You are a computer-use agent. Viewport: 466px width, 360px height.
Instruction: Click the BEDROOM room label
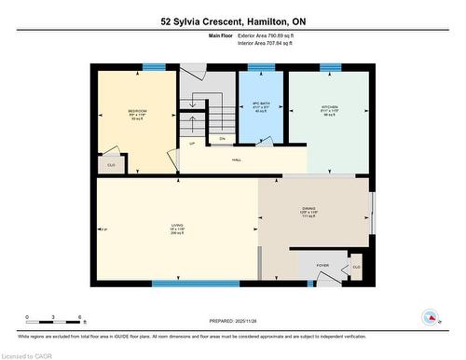pos(137,112)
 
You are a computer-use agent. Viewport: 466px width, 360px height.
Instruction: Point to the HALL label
pos(238,160)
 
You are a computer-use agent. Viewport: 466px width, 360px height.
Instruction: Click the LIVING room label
pos(176,226)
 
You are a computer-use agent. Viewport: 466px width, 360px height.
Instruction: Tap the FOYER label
pos(323,265)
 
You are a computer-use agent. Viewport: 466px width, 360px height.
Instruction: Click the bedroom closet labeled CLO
pos(111,164)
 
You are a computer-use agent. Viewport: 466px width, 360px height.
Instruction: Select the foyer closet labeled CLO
pos(355,267)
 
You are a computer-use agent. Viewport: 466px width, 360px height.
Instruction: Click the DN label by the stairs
pos(222,139)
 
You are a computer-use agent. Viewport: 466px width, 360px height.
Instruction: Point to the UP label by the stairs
pos(192,144)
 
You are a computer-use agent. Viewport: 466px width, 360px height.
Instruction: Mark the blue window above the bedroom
pos(153,66)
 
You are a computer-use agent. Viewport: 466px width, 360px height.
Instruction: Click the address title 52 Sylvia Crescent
pos(232,21)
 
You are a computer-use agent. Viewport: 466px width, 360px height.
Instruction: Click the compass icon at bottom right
pos(432,318)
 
